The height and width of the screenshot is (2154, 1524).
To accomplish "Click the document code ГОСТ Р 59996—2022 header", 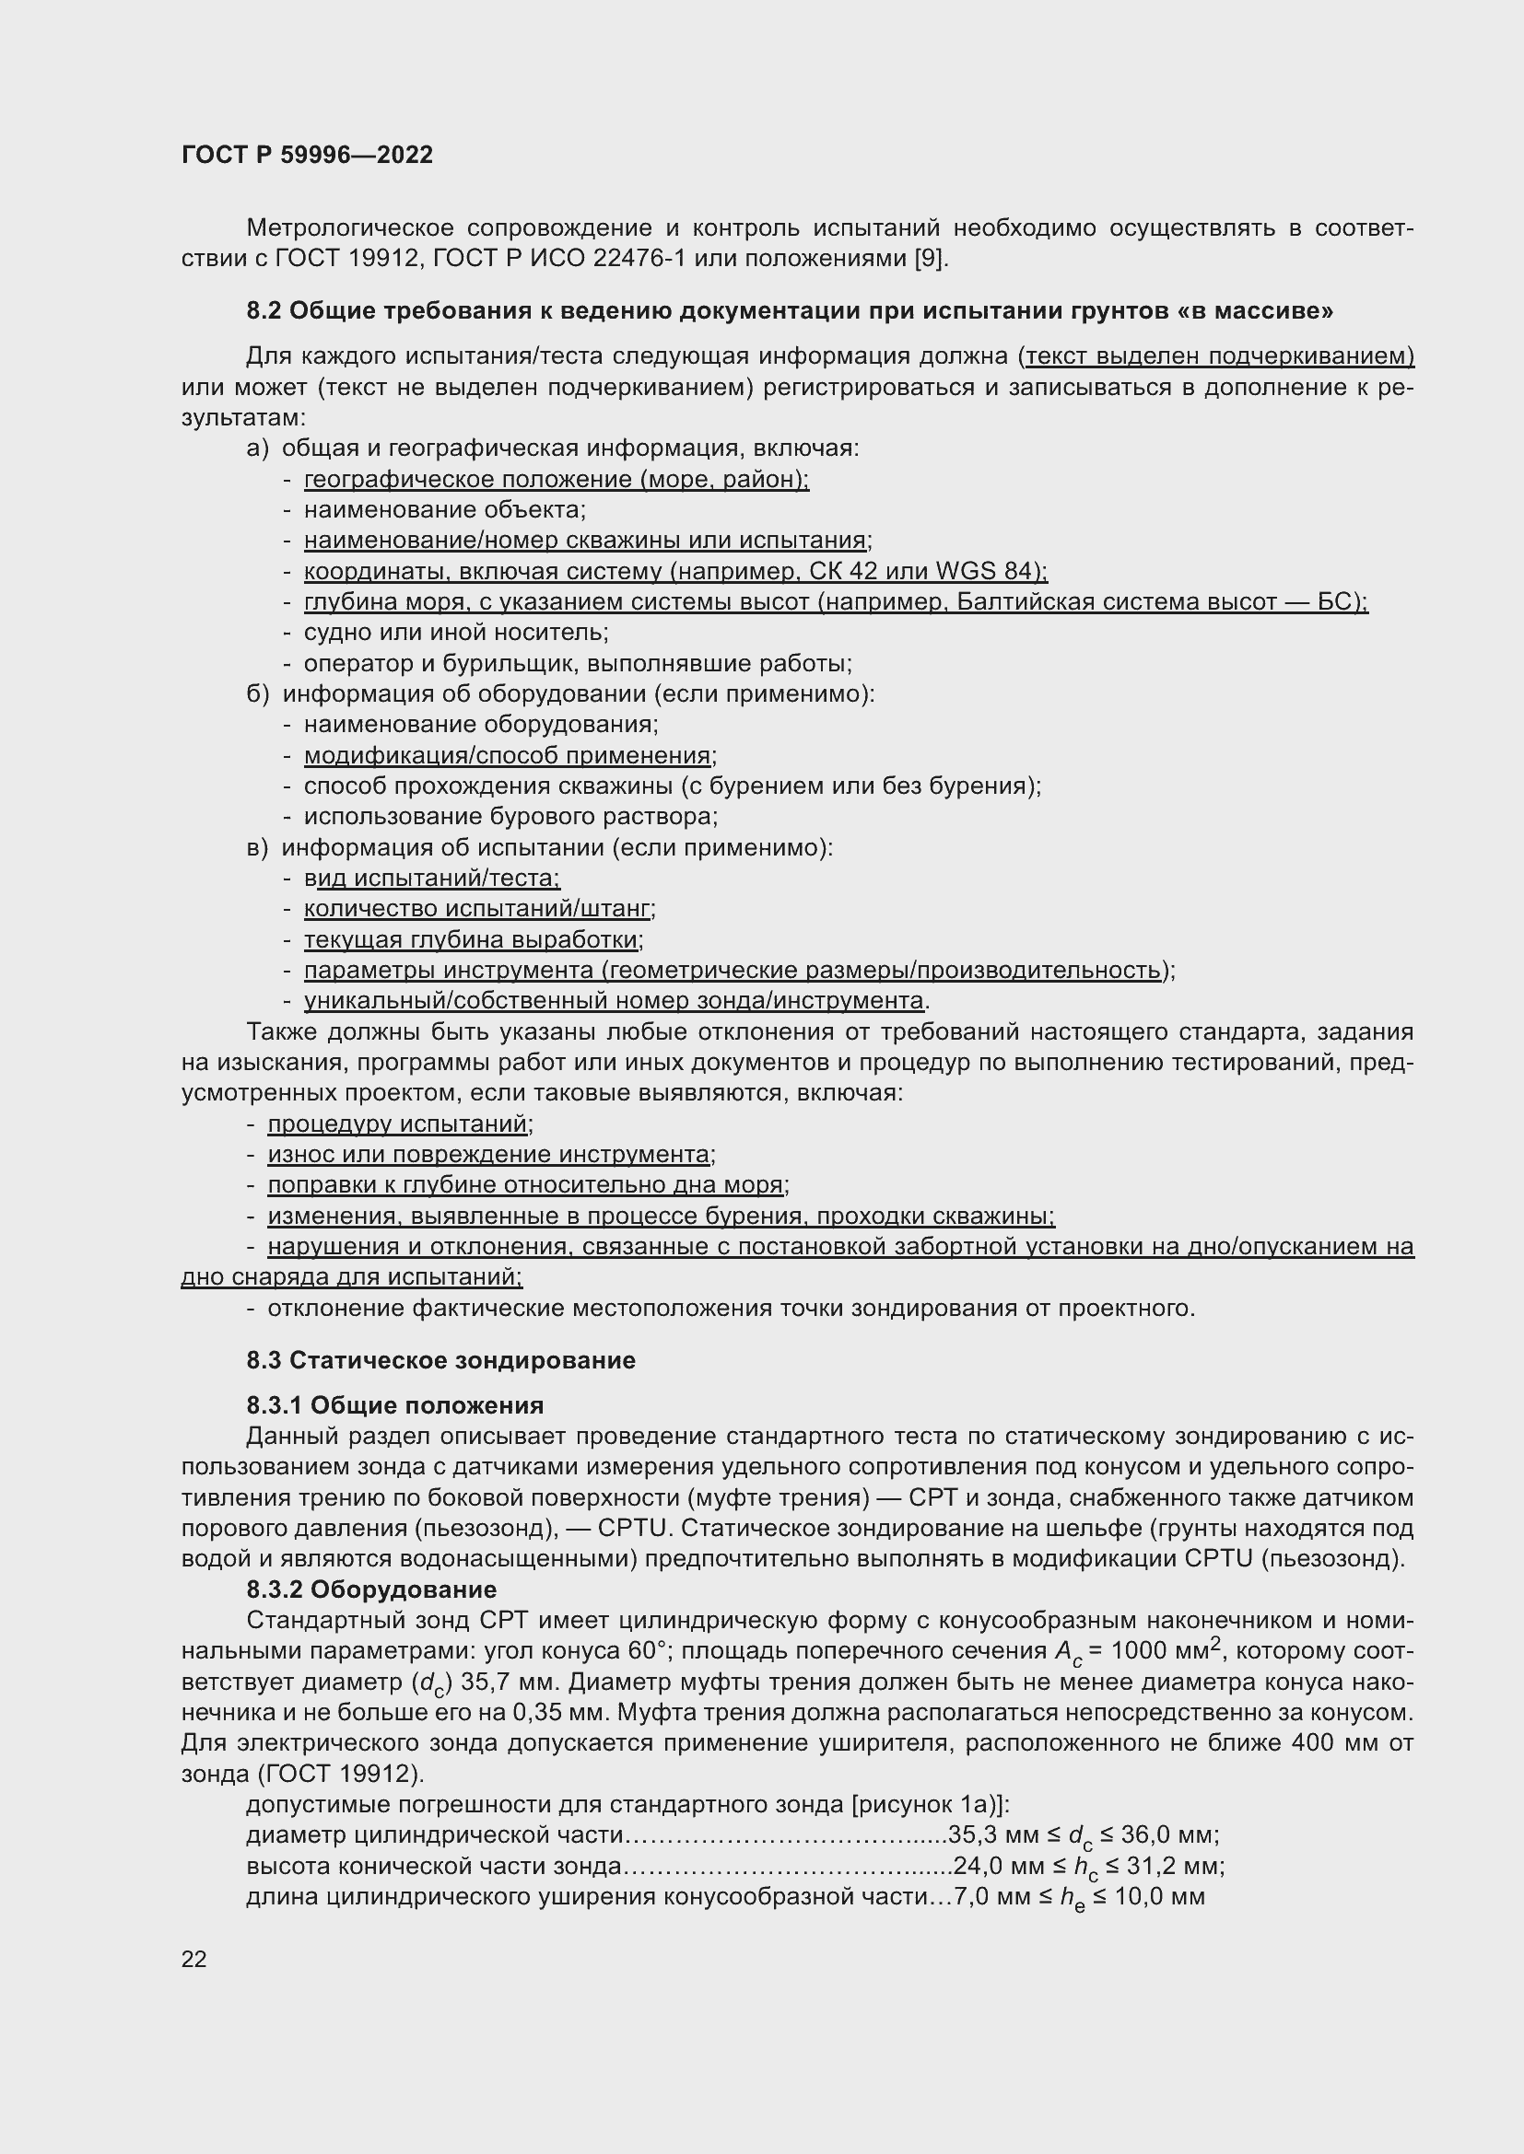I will coord(307,155).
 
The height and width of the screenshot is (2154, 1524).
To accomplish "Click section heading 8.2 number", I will coord(264,310).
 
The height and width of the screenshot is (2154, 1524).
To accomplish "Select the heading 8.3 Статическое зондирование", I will coord(440,1360).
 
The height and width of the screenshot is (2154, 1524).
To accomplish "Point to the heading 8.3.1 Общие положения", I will coord(395,1405).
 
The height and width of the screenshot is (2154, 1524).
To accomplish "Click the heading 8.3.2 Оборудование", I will coord(371,1589).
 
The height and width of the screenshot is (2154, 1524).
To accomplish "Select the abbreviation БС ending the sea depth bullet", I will coord(1338,602).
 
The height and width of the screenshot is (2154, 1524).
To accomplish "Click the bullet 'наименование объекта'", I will coord(444,510).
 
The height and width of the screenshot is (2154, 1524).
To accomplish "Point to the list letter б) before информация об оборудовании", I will coord(257,694).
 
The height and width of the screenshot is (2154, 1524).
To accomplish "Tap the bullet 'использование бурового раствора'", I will coord(510,816).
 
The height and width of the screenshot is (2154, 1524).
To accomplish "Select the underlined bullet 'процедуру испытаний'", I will coord(398,1124).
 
